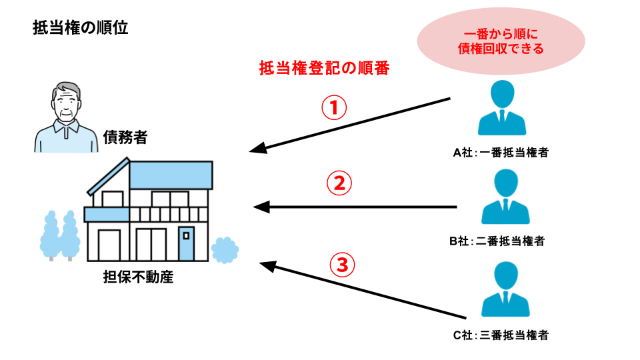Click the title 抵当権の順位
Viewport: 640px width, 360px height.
[80, 28]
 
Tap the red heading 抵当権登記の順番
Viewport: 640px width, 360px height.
[323, 68]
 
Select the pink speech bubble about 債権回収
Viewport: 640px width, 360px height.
[501, 41]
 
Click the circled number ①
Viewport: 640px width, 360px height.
[334, 108]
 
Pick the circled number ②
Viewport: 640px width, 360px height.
[339, 183]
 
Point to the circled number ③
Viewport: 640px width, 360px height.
[342, 265]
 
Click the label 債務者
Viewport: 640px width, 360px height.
[125, 138]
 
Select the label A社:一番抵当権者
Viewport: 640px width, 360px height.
[501, 153]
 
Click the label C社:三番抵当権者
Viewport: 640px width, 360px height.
[501, 335]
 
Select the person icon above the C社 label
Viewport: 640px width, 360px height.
[505, 292]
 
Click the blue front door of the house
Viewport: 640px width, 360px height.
[187, 244]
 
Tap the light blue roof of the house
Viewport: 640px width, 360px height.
[171, 175]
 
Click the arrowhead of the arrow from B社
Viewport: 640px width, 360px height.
[261, 207]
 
